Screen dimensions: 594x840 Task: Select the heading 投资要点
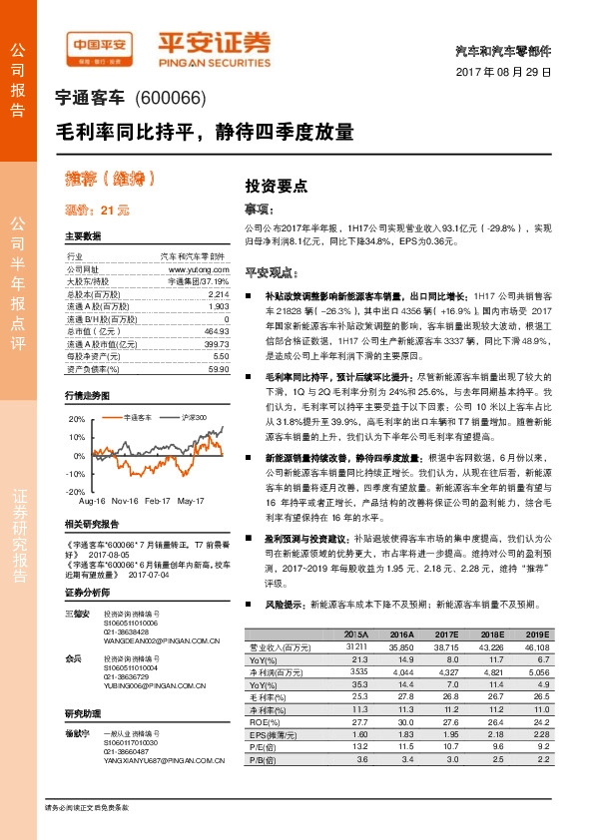pyautogui.click(x=277, y=186)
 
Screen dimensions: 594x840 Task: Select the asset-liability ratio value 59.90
pyautogui.click(x=217, y=368)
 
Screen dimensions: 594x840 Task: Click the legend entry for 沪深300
pyautogui.click(x=191, y=416)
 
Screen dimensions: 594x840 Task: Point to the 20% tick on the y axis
pyautogui.click(x=77, y=420)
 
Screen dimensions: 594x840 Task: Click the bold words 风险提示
pyautogui.click(x=281, y=605)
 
